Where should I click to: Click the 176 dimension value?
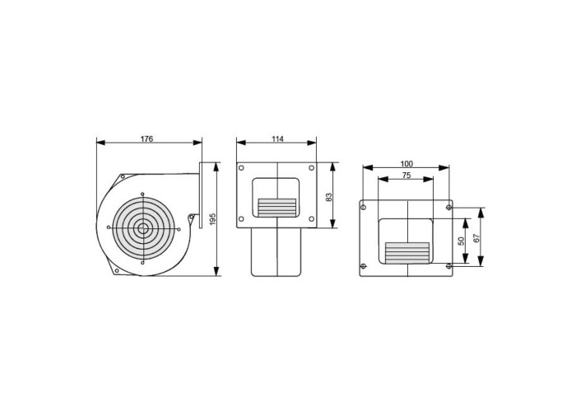point(146,138)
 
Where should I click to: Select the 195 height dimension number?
point(212,219)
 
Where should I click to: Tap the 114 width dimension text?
point(278,138)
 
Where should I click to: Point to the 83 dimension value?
point(329,197)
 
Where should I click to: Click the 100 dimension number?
point(406,164)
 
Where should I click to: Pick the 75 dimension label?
point(406,176)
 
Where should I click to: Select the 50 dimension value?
point(462,241)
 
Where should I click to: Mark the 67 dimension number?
point(476,238)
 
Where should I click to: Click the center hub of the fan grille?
point(143,228)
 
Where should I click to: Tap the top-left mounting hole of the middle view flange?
point(241,168)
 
